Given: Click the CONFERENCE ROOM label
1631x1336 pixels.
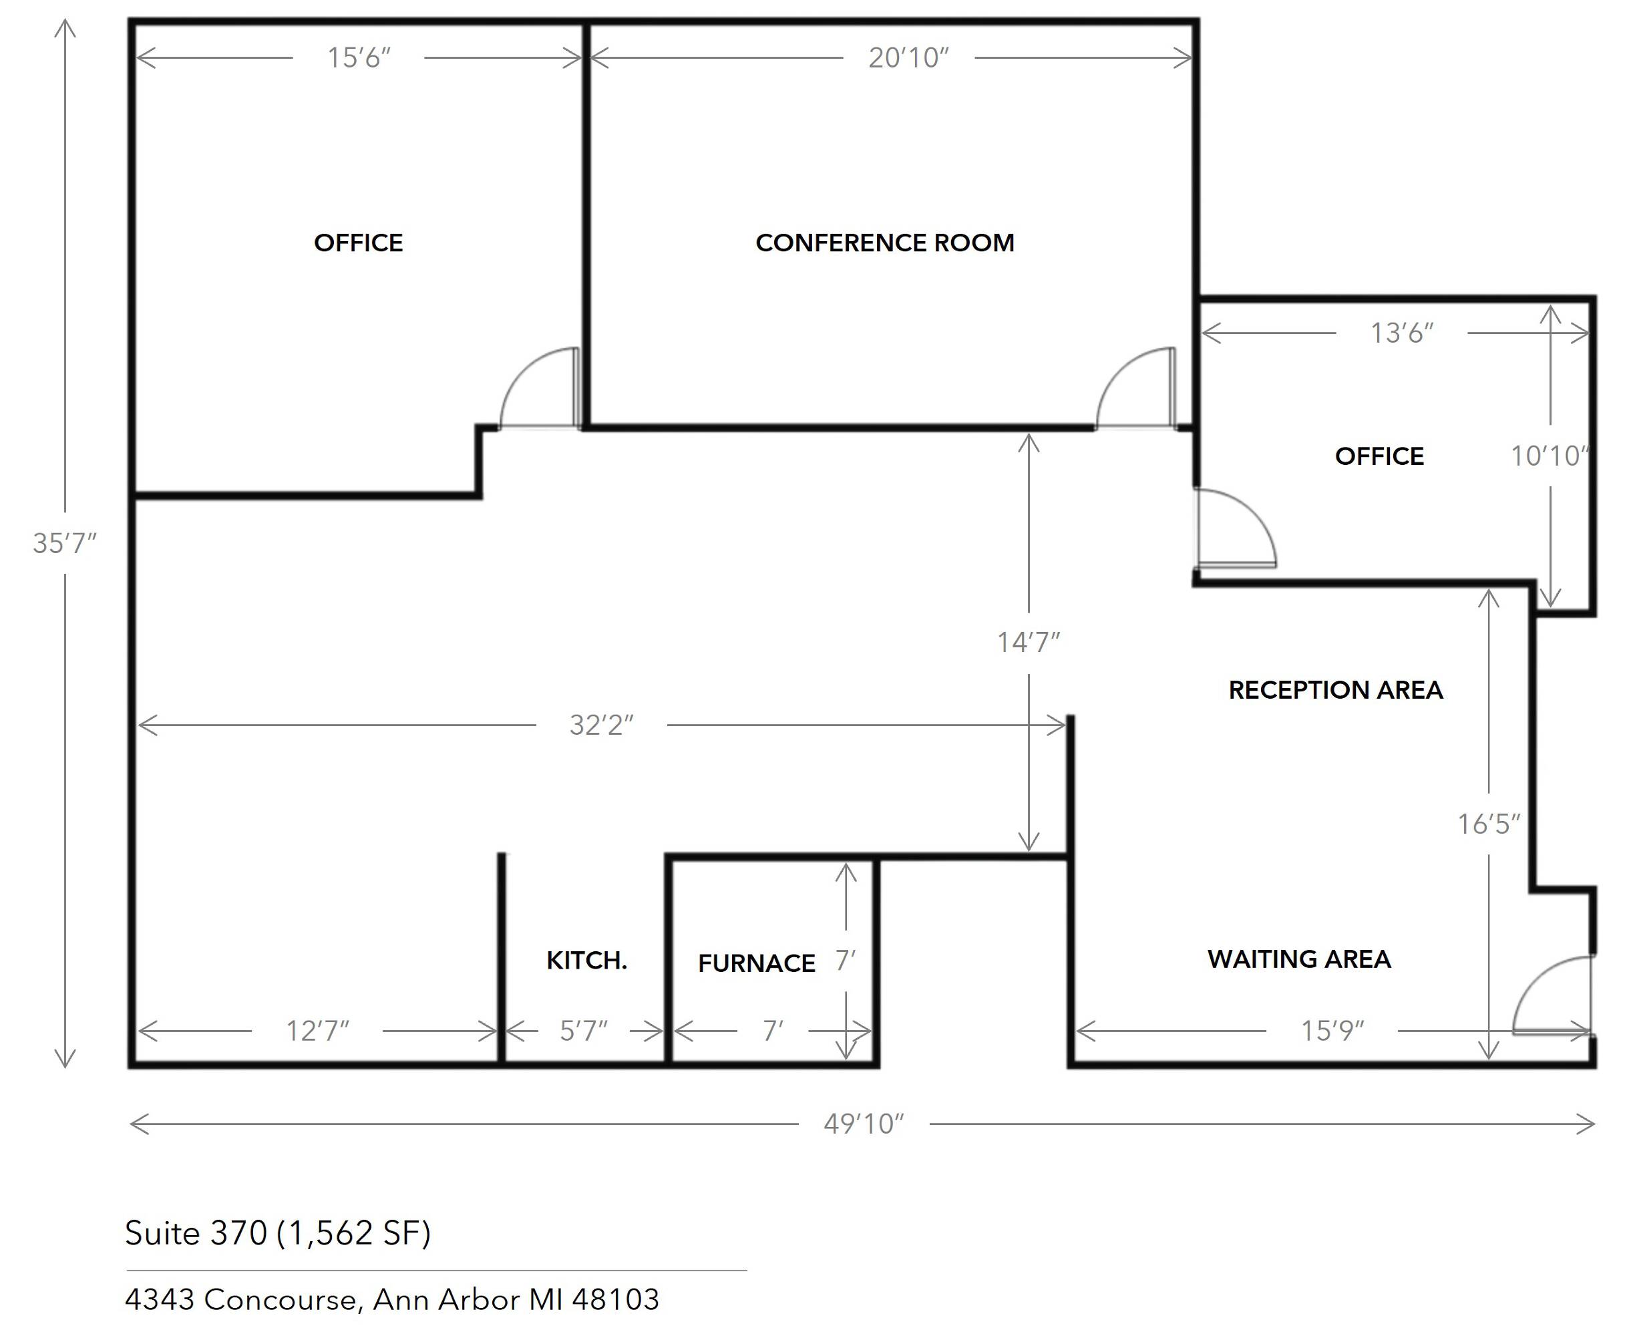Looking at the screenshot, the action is click(885, 242).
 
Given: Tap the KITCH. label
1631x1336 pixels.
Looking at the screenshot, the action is click(587, 960).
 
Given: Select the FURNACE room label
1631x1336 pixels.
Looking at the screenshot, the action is click(756, 963).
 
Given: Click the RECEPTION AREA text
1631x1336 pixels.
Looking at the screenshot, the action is click(1336, 689).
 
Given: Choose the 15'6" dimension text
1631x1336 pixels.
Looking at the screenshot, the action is click(359, 57).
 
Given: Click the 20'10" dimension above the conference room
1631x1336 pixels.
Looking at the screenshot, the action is click(908, 57).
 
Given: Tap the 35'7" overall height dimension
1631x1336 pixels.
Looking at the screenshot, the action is click(65, 543).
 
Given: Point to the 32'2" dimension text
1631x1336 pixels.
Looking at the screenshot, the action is click(602, 725).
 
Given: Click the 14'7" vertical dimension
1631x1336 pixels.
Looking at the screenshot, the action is click(1029, 642).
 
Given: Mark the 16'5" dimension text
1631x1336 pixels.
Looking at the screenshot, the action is click(1489, 824).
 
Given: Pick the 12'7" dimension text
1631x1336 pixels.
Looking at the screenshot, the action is click(317, 1031).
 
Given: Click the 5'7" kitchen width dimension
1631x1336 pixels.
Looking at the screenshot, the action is click(583, 1031).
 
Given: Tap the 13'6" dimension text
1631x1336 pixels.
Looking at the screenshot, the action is click(1402, 333).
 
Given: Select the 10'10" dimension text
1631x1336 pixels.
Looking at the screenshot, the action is click(1550, 456).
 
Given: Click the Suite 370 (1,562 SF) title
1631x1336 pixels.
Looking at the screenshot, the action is click(278, 1233).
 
